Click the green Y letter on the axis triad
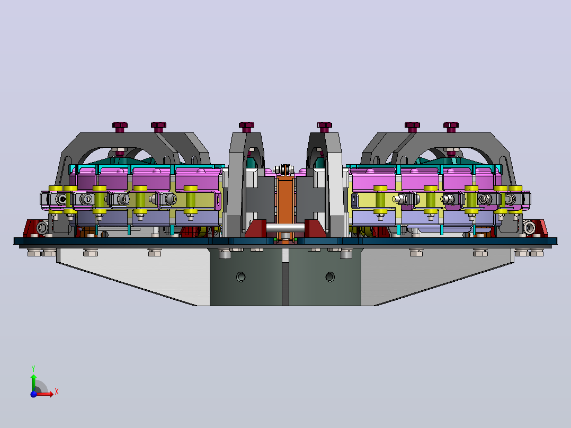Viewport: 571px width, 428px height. [x=33, y=368]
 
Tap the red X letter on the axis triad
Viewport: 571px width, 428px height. [x=57, y=392]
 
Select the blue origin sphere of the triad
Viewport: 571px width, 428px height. [x=33, y=394]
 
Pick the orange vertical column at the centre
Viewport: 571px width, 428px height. [x=285, y=204]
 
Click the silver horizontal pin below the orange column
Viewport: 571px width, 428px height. [x=285, y=228]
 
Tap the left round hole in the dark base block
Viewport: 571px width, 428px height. [x=240, y=277]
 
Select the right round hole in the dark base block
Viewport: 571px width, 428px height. [x=329, y=277]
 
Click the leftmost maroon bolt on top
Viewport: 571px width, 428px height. [x=120, y=127]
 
